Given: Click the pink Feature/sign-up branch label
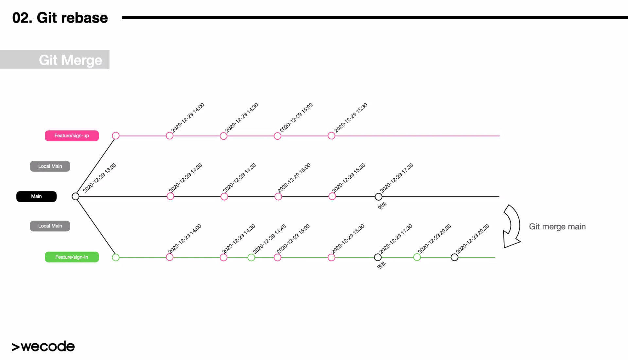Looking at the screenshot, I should point(72,135).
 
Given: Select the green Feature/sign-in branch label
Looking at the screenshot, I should point(72,257).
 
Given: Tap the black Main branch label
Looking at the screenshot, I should point(36,196).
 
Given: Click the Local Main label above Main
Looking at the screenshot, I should point(50,166).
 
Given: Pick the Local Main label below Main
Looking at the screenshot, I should point(50,226).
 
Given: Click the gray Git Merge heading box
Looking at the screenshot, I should point(55,60).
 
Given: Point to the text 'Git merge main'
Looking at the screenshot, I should point(557,226).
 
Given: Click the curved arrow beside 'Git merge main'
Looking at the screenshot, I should point(512,226).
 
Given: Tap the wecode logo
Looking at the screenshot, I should point(43,346).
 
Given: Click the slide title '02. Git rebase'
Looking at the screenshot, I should point(60,18).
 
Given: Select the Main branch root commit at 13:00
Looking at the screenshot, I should point(76,196).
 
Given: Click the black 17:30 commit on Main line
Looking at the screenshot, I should point(378,197).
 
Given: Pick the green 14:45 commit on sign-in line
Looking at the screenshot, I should point(251,258).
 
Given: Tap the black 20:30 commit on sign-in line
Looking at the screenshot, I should point(454,258).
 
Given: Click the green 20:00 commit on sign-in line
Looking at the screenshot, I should point(417,257).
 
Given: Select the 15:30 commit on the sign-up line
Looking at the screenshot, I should point(331,136).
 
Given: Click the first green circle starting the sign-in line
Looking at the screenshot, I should point(115,258).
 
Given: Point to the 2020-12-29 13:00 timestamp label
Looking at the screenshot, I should point(99,178).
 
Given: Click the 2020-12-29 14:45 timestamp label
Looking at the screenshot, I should point(269,239).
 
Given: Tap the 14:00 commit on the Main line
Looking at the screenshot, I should point(170,196).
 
